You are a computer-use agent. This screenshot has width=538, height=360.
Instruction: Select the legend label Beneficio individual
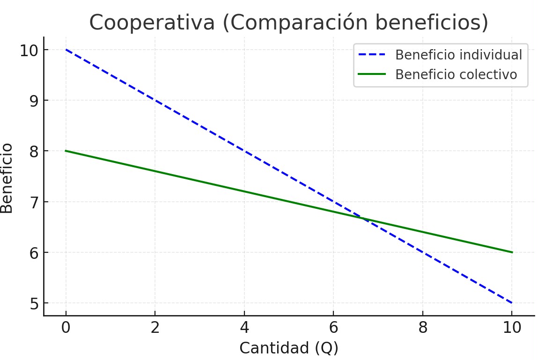pyautogui.click(x=458, y=55)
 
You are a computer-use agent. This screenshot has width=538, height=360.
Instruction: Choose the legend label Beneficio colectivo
pyautogui.click(x=456, y=74)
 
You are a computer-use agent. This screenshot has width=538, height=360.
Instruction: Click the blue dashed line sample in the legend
pyautogui.click(x=372, y=55)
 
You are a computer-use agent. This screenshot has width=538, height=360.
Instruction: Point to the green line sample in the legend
pyautogui.click(x=372, y=74)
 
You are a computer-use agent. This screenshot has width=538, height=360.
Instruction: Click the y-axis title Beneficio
pyautogui.click(x=7, y=178)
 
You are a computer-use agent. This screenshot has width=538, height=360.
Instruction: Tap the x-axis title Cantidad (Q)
pyautogui.click(x=288, y=348)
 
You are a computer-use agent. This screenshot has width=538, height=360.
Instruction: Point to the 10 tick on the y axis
pyautogui.click(x=29, y=50)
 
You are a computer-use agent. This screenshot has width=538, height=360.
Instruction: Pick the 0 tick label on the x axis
pyautogui.click(x=66, y=328)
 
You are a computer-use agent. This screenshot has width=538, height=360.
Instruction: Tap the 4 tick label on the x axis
pyautogui.click(x=244, y=328)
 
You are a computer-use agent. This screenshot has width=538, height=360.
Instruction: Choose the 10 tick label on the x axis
pyautogui.click(x=512, y=328)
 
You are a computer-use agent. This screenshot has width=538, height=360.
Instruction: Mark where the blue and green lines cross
pyautogui.click(x=363, y=218)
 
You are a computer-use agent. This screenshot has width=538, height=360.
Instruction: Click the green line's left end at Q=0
pyautogui.click(x=66, y=151)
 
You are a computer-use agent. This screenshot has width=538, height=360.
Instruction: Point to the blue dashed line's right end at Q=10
pyautogui.click(x=512, y=303)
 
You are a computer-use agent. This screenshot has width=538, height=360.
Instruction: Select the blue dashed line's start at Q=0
pyautogui.click(x=66, y=50)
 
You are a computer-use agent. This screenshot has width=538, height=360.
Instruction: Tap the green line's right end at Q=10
pyautogui.click(x=512, y=252)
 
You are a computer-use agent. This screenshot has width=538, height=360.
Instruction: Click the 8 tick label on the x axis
pyautogui.click(x=423, y=328)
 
